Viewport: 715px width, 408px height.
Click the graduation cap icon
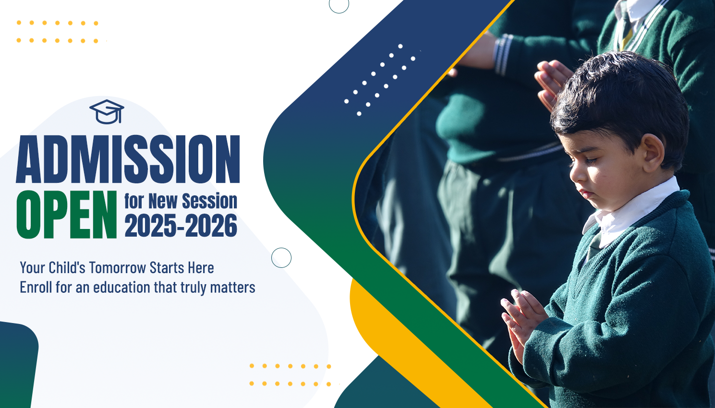pos(107,112)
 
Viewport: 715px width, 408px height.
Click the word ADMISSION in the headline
pos(128,159)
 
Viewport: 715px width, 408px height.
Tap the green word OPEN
pos(67,215)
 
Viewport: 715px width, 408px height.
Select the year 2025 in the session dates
pos(150,226)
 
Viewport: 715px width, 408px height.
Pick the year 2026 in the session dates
pos(211,226)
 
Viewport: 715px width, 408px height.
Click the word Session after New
pos(209,201)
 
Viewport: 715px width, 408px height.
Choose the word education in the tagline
pos(121,287)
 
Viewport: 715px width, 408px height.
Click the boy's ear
pos(654,153)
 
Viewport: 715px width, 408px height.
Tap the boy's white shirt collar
pos(630,211)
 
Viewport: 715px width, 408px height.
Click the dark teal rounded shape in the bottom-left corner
pos(19,364)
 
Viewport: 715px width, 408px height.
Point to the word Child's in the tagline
pos(67,267)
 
